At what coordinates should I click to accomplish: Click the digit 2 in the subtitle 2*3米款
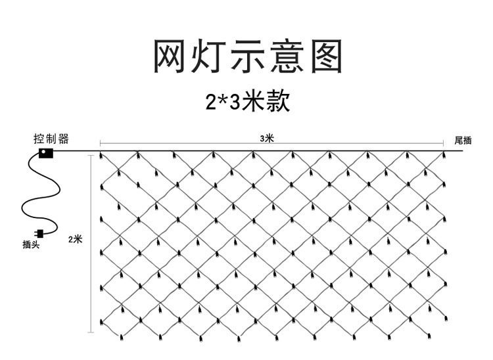coord(210,102)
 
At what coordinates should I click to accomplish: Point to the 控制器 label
coord(51,139)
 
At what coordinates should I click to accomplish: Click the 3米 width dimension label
coord(267,138)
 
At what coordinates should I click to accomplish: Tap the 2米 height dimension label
coord(75,239)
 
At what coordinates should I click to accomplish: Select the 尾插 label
coord(463,141)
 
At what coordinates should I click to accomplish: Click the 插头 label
coord(31,244)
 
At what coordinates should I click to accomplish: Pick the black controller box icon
coord(45,154)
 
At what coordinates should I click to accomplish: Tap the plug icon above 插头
coord(39,232)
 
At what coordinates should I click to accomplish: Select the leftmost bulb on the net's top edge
coord(101,156)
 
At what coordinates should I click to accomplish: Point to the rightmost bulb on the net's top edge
coord(444,156)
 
